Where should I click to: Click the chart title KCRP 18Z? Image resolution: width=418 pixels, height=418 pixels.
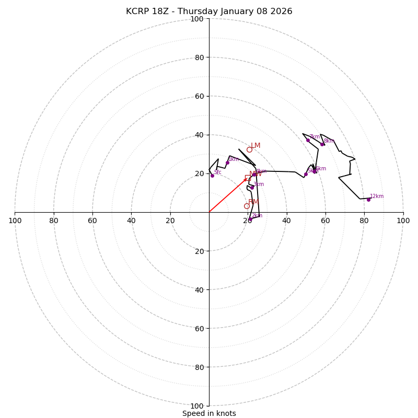[x=209, y=11]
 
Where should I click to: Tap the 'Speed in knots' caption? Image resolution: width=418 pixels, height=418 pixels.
[x=209, y=413]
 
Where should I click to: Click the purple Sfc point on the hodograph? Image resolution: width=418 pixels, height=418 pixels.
[x=212, y=176]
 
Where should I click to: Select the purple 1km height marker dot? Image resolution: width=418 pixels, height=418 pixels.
[x=227, y=162]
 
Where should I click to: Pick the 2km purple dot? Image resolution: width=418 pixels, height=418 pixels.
[x=250, y=219]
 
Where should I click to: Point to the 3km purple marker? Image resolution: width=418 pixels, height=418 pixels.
[x=252, y=187]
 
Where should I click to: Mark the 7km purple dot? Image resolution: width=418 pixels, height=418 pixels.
[x=308, y=140]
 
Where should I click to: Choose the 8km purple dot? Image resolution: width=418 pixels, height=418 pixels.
[x=322, y=144]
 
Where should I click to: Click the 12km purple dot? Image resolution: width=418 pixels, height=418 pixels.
[x=368, y=200]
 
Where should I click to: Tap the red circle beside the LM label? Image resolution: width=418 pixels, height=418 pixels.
[x=249, y=149]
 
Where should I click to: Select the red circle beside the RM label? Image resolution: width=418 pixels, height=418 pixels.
[x=247, y=206]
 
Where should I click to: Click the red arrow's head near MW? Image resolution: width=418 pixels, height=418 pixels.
[x=246, y=179]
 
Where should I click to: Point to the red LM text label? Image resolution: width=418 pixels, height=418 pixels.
[x=256, y=146]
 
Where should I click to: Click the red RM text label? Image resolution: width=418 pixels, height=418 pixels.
[x=253, y=202]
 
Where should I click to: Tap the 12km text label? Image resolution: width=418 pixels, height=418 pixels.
[x=377, y=196]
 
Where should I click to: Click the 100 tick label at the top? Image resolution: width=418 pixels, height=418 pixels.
[x=197, y=19]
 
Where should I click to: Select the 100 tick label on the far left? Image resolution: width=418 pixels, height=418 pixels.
[x=15, y=220]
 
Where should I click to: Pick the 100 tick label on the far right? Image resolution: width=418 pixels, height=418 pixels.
[x=403, y=220]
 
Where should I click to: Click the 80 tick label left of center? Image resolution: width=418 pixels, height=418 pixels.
[x=54, y=220]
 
